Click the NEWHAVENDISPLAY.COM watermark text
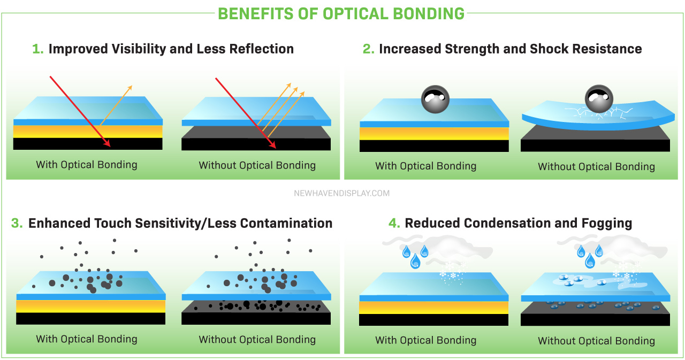341,193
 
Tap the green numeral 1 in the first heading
37,49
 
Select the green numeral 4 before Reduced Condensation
394,223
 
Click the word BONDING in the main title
429,14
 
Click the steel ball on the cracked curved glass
599,99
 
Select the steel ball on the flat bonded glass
435,99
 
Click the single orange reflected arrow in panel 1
116,105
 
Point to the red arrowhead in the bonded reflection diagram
106,143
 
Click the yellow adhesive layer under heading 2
434,134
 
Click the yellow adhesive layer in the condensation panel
433,308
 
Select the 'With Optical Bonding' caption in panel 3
87,339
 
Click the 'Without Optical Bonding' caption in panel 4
596,341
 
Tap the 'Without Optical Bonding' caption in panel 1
257,165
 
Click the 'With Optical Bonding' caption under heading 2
425,166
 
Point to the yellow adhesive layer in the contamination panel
91,306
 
